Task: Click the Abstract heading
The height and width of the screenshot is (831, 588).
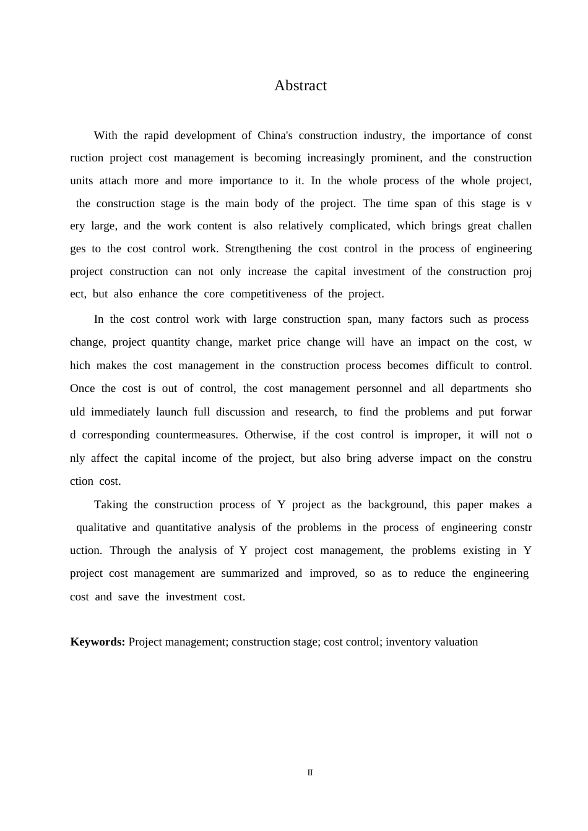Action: [x=300, y=86]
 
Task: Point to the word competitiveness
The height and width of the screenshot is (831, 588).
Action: [x=268, y=294]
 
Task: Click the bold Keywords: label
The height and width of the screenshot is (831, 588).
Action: [x=98, y=642]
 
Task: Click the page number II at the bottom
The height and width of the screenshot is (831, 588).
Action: [x=310, y=773]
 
